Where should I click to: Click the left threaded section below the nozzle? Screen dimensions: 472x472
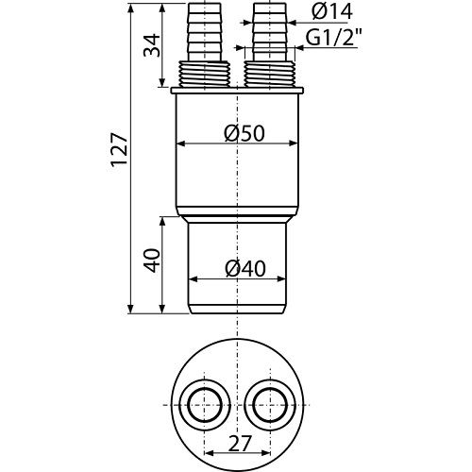point(203,75)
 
